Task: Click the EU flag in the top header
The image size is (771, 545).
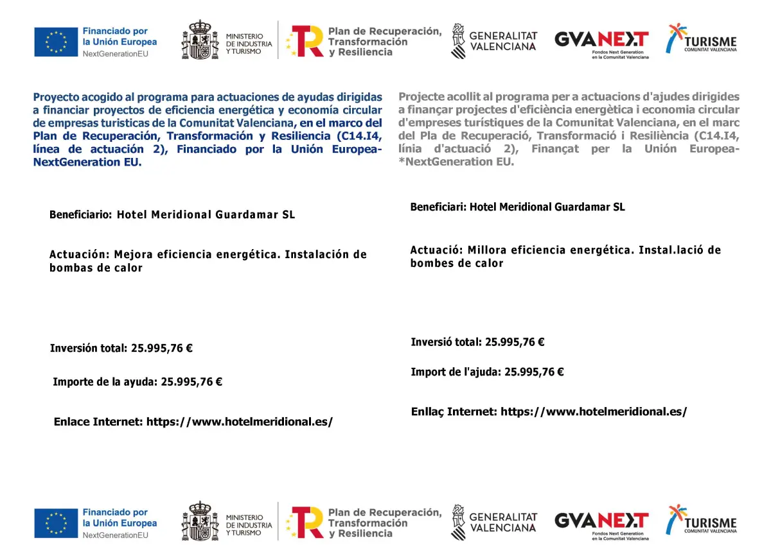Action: tap(56, 42)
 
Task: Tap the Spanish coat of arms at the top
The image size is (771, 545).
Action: tap(199, 40)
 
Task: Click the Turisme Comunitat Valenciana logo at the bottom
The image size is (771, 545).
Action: tap(701, 519)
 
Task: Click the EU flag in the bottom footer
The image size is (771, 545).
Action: tap(56, 523)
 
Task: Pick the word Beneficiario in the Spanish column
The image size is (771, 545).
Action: tap(81, 214)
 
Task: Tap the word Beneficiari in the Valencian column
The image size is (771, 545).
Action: tap(438, 207)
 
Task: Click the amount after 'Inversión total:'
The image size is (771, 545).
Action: tap(162, 349)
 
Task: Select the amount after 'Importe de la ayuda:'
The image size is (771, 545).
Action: tap(191, 381)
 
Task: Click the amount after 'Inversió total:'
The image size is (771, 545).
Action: tap(515, 342)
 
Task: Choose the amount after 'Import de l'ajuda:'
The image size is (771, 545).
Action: tap(534, 372)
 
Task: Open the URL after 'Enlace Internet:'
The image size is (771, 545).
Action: tap(240, 422)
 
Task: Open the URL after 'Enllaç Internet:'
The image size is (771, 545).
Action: tap(594, 411)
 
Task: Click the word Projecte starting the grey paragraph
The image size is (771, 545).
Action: tap(421, 97)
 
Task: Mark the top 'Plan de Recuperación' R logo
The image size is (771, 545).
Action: tap(305, 42)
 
